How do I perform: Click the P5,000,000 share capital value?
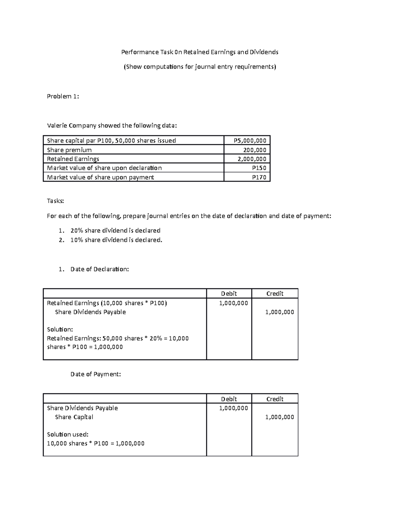(x=250, y=140)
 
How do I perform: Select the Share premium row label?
(x=69, y=150)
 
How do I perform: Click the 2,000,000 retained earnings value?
(x=252, y=159)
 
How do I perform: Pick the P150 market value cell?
(x=259, y=168)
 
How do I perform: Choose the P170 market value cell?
(x=259, y=177)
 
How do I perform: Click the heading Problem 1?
(x=63, y=96)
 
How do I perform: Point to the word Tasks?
(x=55, y=201)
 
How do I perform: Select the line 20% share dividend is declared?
(x=115, y=230)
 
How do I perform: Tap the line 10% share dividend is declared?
(x=116, y=240)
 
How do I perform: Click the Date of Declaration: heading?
(x=99, y=269)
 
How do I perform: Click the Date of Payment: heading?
(x=96, y=374)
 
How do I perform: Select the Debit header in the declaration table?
(x=229, y=294)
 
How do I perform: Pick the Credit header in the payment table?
(x=275, y=399)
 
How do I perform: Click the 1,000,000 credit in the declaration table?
(x=279, y=312)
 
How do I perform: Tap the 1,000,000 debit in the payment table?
(x=233, y=408)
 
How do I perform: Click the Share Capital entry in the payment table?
(x=74, y=417)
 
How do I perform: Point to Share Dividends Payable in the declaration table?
(x=90, y=312)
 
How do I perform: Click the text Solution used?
(x=68, y=434)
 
